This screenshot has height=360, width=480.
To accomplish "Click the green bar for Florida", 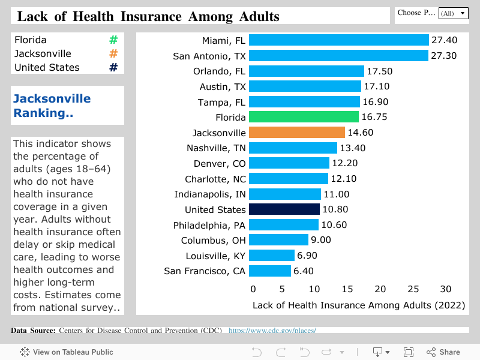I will [304, 117].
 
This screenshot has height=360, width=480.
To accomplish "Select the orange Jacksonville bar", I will [297, 133].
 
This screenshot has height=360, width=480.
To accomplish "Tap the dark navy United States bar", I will [284, 209].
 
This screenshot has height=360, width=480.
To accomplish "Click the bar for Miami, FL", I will [338, 40].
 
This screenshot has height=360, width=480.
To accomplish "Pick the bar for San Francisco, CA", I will [269, 271].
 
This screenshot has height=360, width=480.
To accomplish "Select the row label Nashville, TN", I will [216, 148].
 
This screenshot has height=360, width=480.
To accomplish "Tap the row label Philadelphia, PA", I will [209, 225].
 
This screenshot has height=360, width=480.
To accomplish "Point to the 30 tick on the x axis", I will [445, 289].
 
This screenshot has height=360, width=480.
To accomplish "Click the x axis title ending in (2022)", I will [359, 305].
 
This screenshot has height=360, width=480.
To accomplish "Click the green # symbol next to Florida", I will [113, 40].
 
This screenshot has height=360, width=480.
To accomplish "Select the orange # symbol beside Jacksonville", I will [113, 54].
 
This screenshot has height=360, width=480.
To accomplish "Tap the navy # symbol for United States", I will [113, 68].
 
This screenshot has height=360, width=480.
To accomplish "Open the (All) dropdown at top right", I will [453, 13].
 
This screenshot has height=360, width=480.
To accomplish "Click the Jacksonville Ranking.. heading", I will [52, 106].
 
